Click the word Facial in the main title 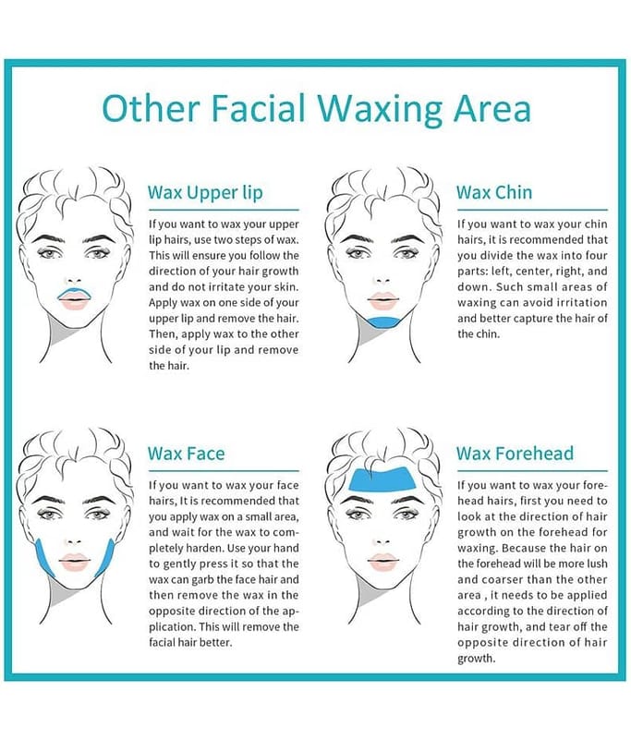(x=260, y=108)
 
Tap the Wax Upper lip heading (x=205, y=193)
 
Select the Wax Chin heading (x=494, y=192)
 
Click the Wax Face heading (x=186, y=454)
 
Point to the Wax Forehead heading (x=516, y=454)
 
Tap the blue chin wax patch (x=384, y=322)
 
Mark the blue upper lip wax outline (x=73, y=291)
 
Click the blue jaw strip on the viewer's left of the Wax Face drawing (x=44, y=560)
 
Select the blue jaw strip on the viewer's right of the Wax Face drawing (x=106, y=559)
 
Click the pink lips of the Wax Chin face (x=383, y=300)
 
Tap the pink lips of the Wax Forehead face (x=383, y=562)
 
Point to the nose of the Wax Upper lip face (x=73, y=281)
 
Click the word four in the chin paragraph (x=595, y=256)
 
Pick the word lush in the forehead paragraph (x=597, y=563)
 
